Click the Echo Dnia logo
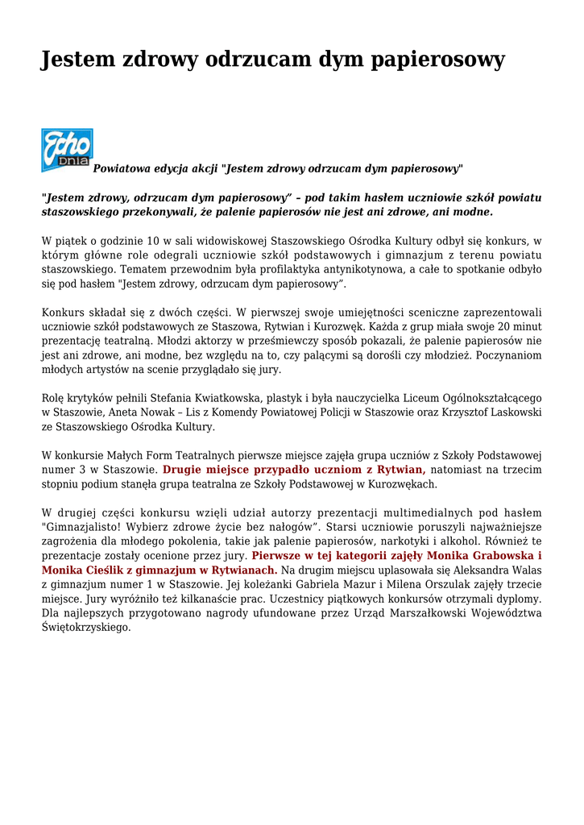click(67, 150)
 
